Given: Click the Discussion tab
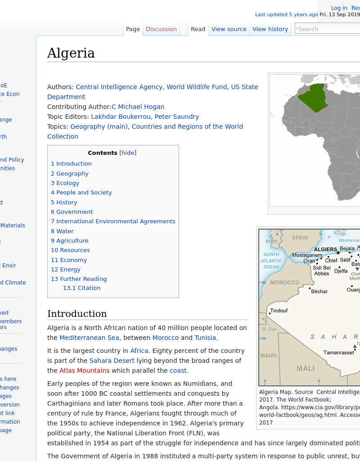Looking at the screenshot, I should tap(161, 29).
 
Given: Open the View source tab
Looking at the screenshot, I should tap(229, 29).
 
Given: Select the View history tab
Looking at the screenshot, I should tap(270, 29).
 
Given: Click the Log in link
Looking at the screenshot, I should tap(339, 8).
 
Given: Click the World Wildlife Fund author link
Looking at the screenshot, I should tap(197, 87).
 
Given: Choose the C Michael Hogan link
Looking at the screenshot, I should tap(138, 107).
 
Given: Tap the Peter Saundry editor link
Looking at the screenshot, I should tap(177, 117).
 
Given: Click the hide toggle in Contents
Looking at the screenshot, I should tap(128, 153).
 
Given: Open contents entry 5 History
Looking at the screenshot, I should tap(64, 202).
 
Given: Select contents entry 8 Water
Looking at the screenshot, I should tap(62, 231).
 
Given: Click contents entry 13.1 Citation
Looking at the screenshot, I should tap(81, 288).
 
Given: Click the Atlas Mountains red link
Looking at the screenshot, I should tap(85, 371).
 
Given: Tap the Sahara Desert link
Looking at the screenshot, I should tap(112, 361).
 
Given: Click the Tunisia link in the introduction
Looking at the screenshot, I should tap(206, 338).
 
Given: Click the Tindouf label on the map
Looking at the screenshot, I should tap(279, 311).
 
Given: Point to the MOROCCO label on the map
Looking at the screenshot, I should tap(284, 282).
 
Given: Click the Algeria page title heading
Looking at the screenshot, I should tap(71, 53).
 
